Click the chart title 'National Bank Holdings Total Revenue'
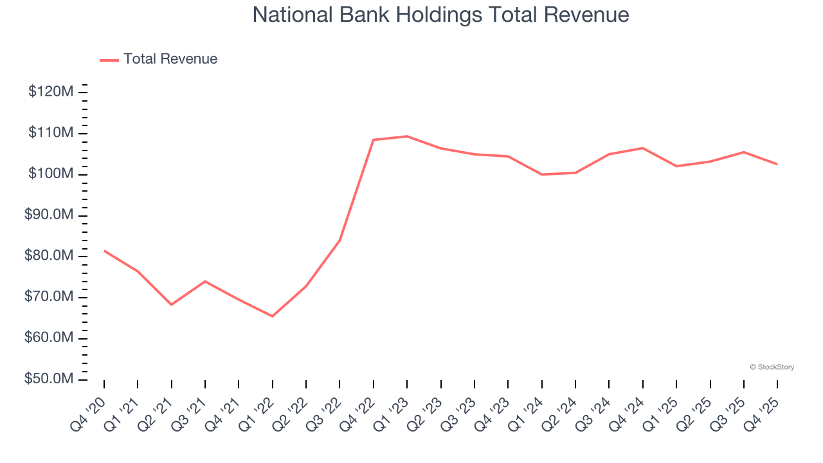click(x=440, y=15)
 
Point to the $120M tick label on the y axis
click(x=51, y=92)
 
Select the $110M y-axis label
click(x=51, y=133)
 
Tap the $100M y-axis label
click(x=51, y=174)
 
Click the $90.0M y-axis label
click(x=49, y=215)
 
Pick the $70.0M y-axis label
click(x=49, y=297)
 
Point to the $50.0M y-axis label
click(x=49, y=379)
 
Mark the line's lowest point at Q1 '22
click(x=272, y=316)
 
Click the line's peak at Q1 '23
click(x=407, y=136)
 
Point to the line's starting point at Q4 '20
click(x=104, y=251)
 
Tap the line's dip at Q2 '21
click(x=172, y=304)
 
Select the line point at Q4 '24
click(x=642, y=148)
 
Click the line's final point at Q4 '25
click(x=777, y=164)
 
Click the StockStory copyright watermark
click(x=772, y=367)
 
